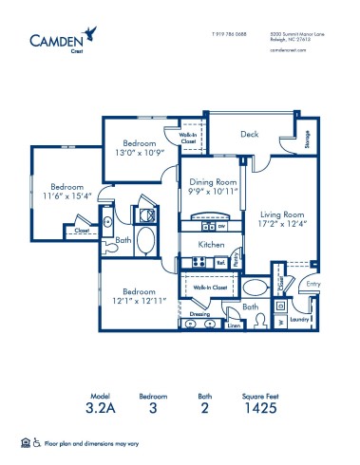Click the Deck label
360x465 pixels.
pos(250,135)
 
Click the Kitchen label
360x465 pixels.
pos(210,245)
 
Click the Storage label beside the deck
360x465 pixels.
pos(307,139)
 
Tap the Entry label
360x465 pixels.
pos(312,283)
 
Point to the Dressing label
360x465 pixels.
pos(199,312)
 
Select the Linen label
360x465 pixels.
pos(234,325)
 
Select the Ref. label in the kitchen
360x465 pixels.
pos(219,262)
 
